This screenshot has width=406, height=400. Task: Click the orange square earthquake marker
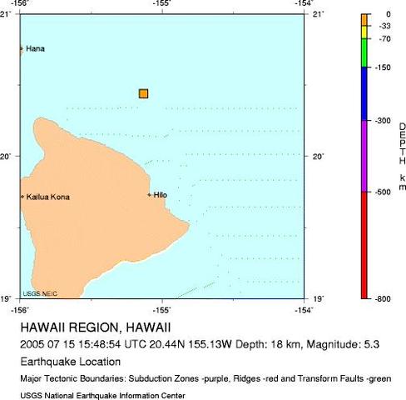143,93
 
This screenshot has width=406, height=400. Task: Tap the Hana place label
35,49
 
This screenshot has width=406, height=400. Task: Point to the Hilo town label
161,195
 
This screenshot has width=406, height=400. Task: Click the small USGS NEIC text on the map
38,292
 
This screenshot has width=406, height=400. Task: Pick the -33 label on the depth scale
384,27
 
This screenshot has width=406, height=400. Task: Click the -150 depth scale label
384,67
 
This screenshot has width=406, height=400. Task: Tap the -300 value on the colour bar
384,121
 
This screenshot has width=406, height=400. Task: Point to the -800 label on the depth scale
384,298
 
